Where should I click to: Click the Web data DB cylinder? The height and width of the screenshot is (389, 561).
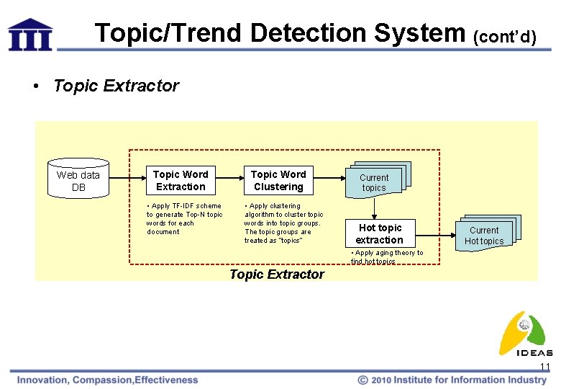tap(78, 179)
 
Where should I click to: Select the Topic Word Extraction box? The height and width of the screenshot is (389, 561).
tap(180, 181)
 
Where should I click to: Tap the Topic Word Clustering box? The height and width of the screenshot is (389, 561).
tap(278, 181)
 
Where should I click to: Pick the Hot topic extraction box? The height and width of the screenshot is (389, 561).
tap(379, 233)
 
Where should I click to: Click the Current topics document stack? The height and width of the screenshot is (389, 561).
tap(375, 180)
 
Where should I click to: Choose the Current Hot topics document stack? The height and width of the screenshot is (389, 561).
tap(485, 233)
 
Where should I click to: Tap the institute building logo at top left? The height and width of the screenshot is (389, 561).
tap(30, 34)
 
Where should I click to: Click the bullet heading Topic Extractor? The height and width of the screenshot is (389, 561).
tap(116, 86)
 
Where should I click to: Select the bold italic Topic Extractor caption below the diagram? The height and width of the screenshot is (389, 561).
tap(277, 274)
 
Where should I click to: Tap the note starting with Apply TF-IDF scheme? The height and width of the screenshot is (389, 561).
tap(185, 219)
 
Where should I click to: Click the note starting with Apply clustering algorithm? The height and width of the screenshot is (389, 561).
tap(283, 223)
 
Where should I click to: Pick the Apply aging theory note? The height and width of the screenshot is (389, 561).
tap(387, 257)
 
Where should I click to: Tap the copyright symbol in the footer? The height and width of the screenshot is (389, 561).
tap(364, 380)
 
